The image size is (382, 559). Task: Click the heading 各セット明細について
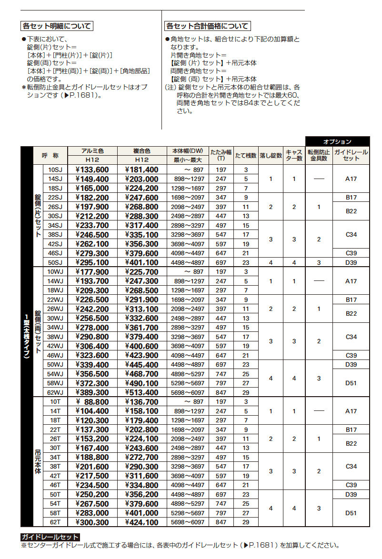(x=57, y=26)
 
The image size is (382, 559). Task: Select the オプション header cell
(x=337, y=141)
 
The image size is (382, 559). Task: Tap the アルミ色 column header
(x=92, y=151)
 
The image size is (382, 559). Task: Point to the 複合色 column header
(x=141, y=151)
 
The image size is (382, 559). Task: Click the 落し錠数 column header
(x=271, y=156)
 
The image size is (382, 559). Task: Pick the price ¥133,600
(x=92, y=170)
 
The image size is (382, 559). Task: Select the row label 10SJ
(x=55, y=170)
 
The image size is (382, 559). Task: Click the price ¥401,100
(x=141, y=263)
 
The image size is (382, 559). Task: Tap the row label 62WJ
(x=55, y=393)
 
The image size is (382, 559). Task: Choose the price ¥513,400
(x=141, y=393)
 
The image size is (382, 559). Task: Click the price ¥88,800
(x=92, y=402)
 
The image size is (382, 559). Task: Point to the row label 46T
(x=55, y=486)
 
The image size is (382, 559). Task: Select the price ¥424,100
(x=141, y=523)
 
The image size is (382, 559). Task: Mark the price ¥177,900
(x=92, y=272)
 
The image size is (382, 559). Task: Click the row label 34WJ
(x=55, y=328)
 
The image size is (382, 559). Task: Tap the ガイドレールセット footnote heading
(x=50, y=538)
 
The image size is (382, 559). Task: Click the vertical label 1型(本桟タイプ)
(x=27, y=337)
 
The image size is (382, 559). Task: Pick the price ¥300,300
(x=92, y=523)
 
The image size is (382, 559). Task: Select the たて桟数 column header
(x=246, y=156)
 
